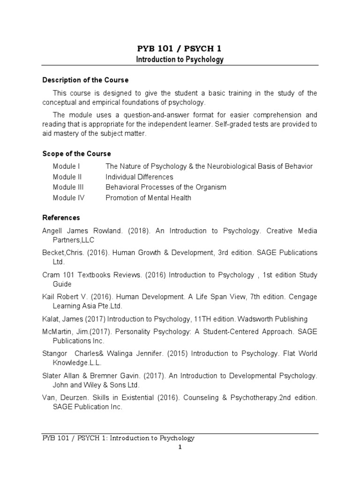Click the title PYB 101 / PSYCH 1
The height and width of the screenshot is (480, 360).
click(180, 48)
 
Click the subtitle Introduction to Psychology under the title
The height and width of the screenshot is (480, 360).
click(180, 60)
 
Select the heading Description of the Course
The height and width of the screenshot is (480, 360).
click(85, 80)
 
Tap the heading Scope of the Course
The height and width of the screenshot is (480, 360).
click(76, 154)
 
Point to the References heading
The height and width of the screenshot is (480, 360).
click(61, 218)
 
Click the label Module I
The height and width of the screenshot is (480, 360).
click(66, 166)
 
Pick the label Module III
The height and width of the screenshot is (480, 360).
click(68, 187)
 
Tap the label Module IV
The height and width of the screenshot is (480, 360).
click(68, 197)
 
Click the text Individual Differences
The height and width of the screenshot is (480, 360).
click(139, 177)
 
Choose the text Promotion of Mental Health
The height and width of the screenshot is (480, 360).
click(148, 197)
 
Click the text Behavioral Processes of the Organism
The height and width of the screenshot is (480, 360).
click(165, 187)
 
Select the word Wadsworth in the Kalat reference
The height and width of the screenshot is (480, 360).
click(256, 319)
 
